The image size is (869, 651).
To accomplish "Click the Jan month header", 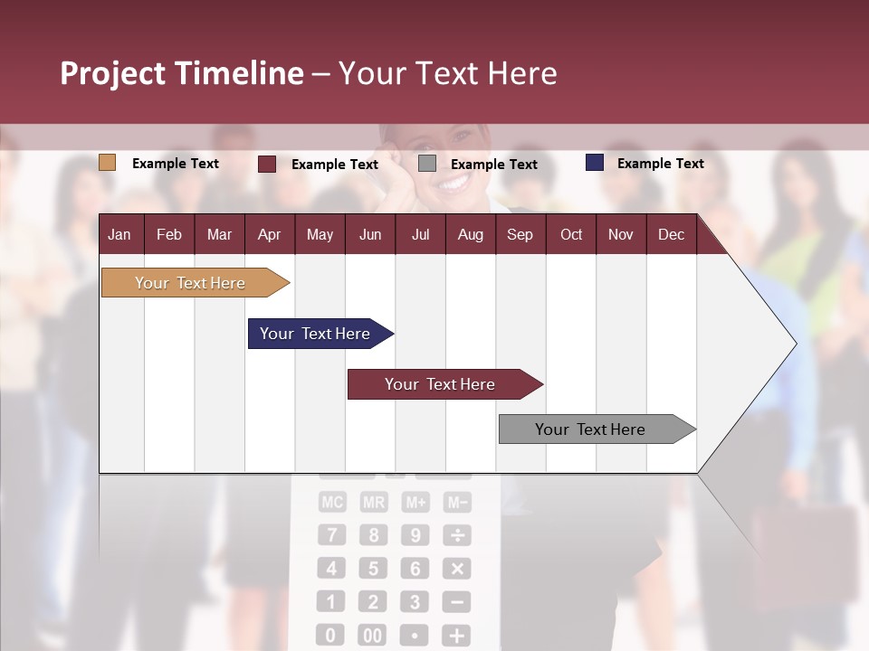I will tap(119, 234).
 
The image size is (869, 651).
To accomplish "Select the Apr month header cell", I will tap(269, 234).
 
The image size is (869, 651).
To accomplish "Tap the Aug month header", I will tap(470, 234).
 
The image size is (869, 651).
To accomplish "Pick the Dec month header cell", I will tap(671, 234).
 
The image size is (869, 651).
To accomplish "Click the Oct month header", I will tap(570, 234).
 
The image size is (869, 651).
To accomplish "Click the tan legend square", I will tap(107, 163).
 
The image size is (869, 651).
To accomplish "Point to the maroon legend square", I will tap(267, 164).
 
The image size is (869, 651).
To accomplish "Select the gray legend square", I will tap(427, 164).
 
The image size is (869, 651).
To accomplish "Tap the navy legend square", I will tap(595, 163).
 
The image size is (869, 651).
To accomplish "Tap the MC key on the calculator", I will tap(331, 503).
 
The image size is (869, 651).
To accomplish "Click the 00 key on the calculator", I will tap(372, 636).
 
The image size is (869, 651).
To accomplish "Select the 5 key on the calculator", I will tap(373, 569).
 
